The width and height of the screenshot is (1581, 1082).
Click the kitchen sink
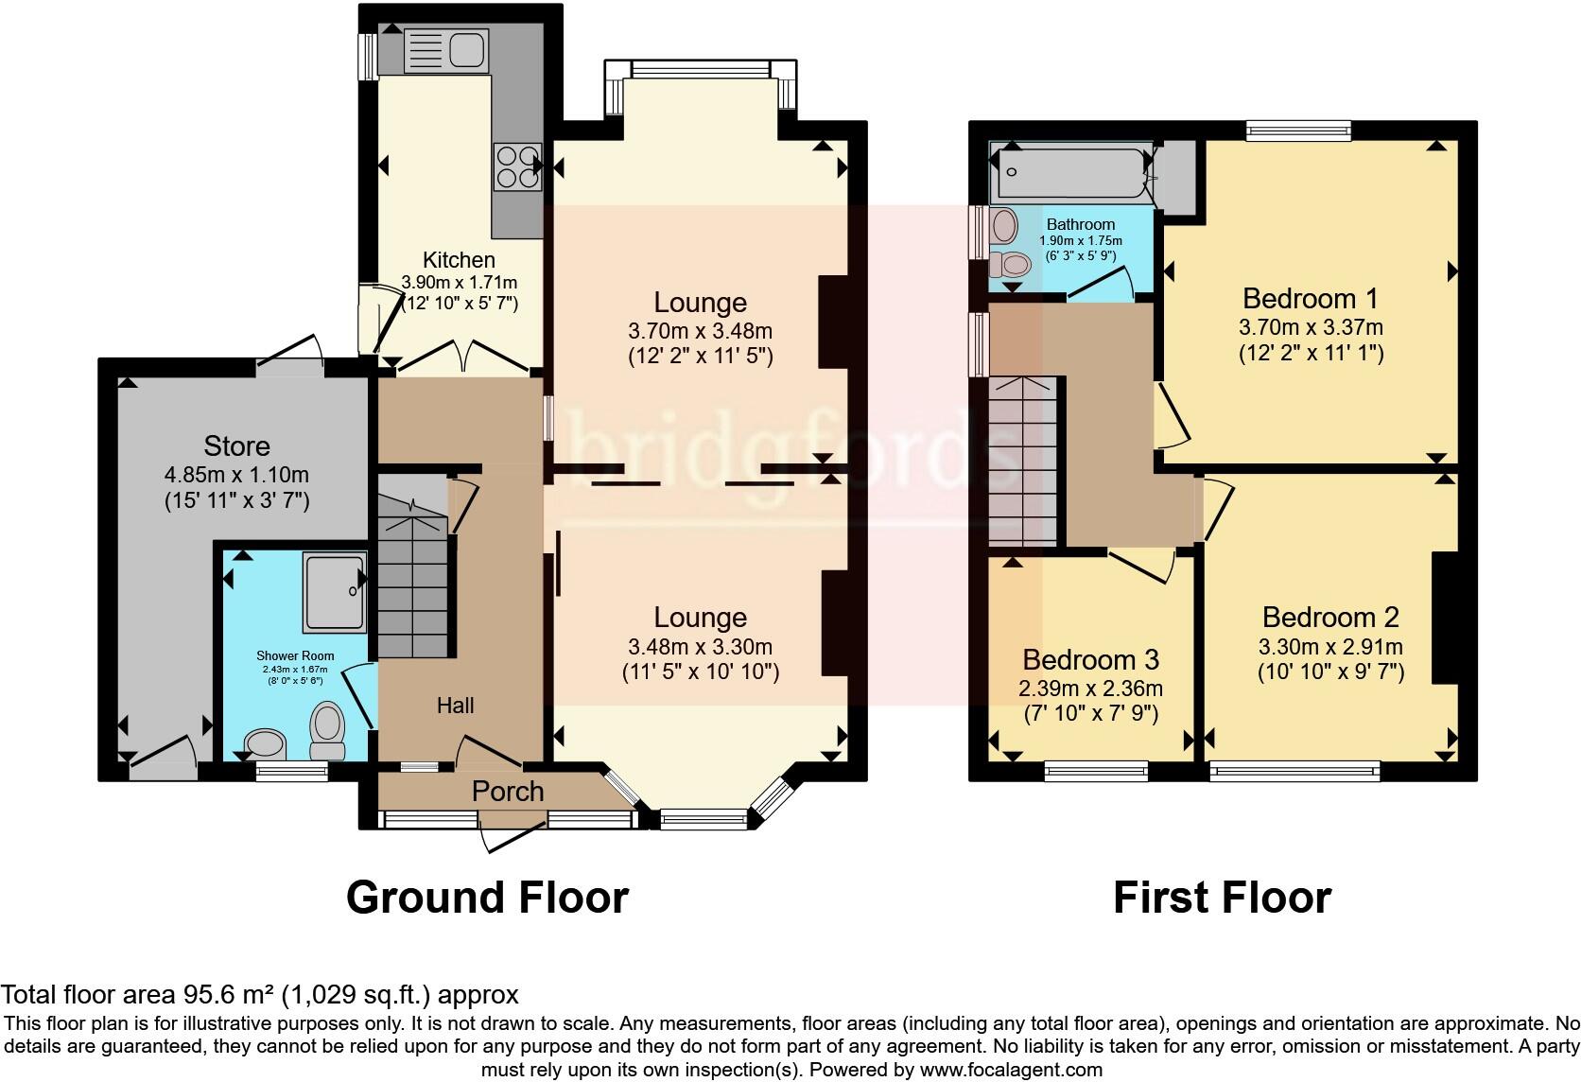(444, 50)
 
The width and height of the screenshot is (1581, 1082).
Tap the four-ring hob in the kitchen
(517, 166)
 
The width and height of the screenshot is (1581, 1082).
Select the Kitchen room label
(459, 260)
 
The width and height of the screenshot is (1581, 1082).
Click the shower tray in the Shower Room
(334, 592)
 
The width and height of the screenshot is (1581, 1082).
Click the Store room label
(236, 446)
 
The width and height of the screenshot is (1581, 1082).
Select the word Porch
(508, 792)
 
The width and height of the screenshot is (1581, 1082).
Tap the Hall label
(455, 706)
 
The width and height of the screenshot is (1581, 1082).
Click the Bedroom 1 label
(1311, 299)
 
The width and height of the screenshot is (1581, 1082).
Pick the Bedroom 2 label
(1330, 618)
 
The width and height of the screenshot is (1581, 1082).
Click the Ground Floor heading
(487, 897)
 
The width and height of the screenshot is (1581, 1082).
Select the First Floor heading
(1222, 897)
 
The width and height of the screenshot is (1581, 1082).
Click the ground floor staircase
(412, 586)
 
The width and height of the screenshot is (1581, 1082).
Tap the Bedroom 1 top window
(1297, 131)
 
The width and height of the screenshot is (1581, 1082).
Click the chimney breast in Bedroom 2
(1446, 617)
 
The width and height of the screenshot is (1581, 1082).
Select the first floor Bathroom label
(1080, 225)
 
